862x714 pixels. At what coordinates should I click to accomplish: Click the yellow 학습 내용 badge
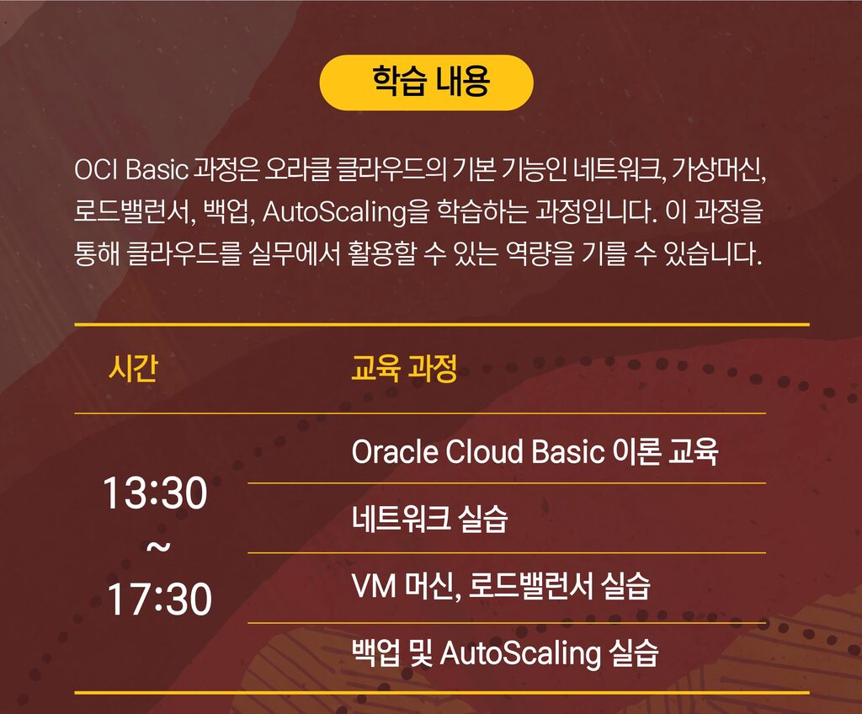pyautogui.click(x=426, y=83)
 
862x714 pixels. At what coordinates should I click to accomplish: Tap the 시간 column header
pyautogui.click(x=134, y=368)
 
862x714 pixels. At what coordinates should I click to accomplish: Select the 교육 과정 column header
pyautogui.click(x=404, y=368)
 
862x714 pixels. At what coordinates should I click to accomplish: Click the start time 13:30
pyautogui.click(x=155, y=493)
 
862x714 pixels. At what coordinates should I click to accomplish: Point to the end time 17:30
pyautogui.click(x=159, y=599)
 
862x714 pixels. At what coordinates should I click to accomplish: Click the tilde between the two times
pyautogui.click(x=157, y=546)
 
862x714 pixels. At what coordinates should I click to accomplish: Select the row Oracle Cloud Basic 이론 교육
pyautogui.click(x=535, y=451)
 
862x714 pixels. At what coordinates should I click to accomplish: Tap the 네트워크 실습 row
pyautogui.click(x=429, y=519)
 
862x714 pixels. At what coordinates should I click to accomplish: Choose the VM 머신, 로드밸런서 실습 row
pyautogui.click(x=501, y=586)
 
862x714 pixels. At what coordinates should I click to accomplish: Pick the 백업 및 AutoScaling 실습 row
pyautogui.click(x=505, y=653)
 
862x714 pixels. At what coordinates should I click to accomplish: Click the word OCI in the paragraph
pyautogui.click(x=96, y=169)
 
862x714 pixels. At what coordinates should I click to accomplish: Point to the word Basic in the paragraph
pyautogui.click(x=157, y=169)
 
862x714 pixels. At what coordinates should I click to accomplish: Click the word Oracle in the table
pyautogui.click(x=394, y=451)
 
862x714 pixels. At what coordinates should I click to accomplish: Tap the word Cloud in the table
pyautogui.click(x=484, y=451)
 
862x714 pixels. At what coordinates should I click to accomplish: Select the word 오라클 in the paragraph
pyautogui.click(x=297, y=169)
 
